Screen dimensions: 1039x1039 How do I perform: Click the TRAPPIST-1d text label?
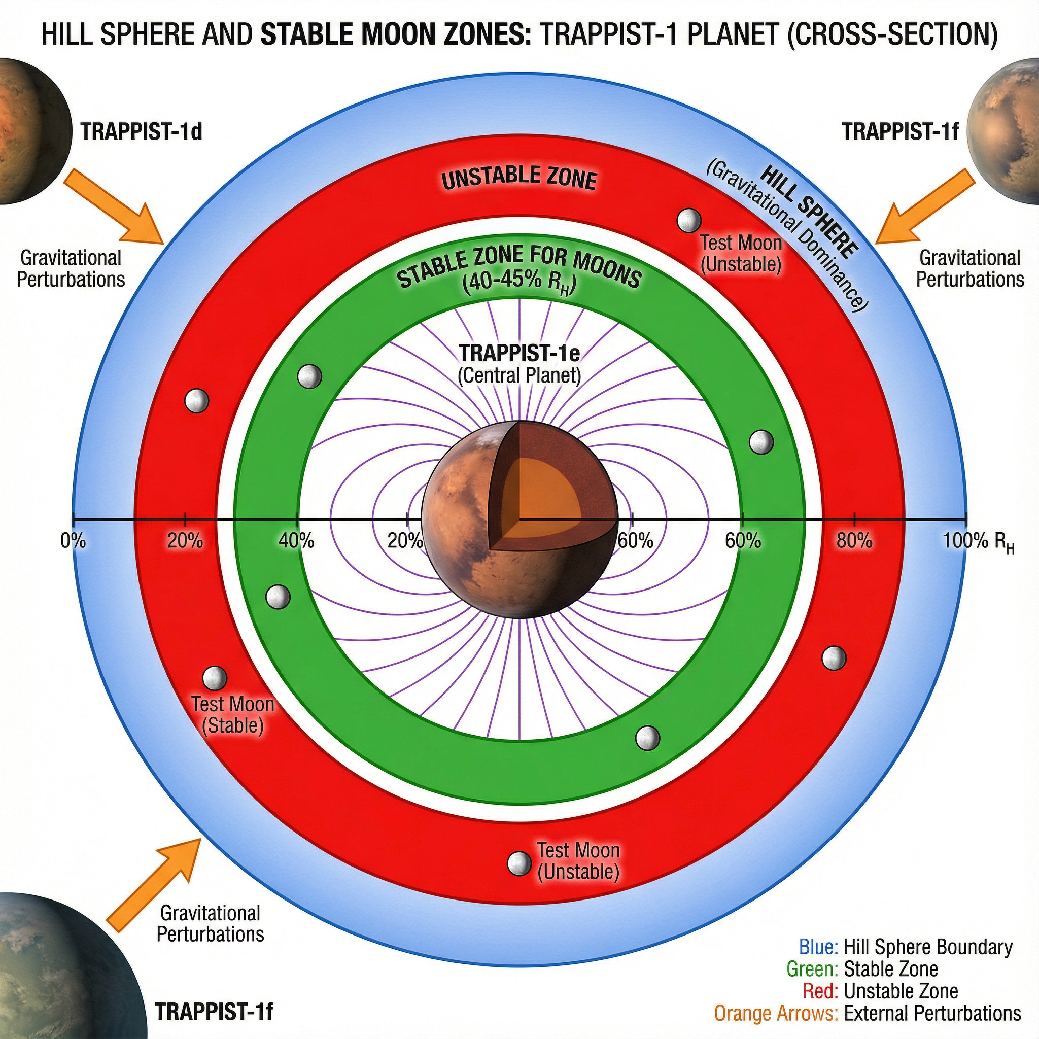click(141, 132)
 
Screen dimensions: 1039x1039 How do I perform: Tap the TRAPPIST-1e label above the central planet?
click(519, 353)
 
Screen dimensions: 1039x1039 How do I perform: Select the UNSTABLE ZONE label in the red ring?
click(519, 178)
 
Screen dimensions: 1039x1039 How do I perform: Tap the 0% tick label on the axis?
click(73, 540)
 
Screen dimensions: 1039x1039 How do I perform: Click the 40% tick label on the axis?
click(296, 540)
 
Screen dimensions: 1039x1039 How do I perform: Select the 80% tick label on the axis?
click(854, 540)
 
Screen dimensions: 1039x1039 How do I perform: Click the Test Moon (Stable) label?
click(233, 715)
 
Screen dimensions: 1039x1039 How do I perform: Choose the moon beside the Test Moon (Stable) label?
click(215, 678)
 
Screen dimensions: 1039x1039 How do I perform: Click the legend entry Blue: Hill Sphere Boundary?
click(906, 962)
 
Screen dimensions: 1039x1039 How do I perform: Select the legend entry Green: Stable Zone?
click(862, 984)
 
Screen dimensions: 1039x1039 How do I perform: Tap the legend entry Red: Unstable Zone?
click(880, 1006)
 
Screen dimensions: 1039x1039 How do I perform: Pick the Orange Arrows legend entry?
click(868, 1028)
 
